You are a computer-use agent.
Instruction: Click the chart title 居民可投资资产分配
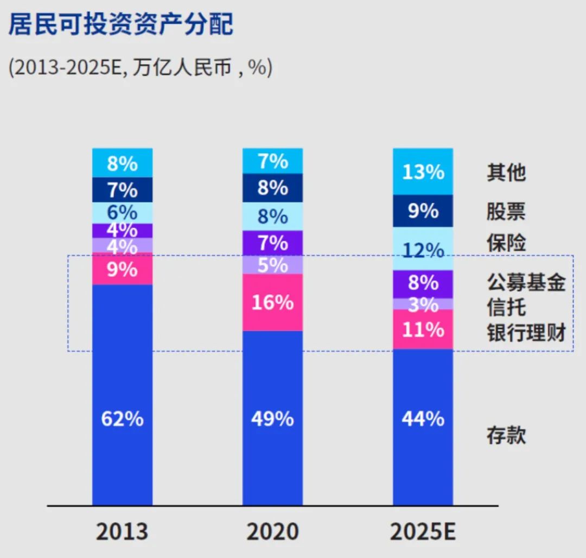tap(120, 25)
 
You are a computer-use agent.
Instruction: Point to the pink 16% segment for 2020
tap(272, 302)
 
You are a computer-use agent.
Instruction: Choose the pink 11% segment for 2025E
tap(423, 329)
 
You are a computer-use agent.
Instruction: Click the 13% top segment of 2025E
tap(423, 172)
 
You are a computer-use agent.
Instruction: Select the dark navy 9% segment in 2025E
tap(423, 211)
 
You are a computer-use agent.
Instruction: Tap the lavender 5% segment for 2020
tap(272, 265)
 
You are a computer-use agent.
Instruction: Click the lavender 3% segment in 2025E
tap(423, 304)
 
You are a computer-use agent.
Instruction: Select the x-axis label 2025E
tap(423, 532)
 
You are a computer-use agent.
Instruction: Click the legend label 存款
tap(506, 435)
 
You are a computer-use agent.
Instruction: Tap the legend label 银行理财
tap(526, 333)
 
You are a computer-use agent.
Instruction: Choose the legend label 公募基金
tap(526, 282)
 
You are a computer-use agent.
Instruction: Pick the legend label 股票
tap(506, 212)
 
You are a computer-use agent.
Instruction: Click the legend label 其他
tap(506, 173)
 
